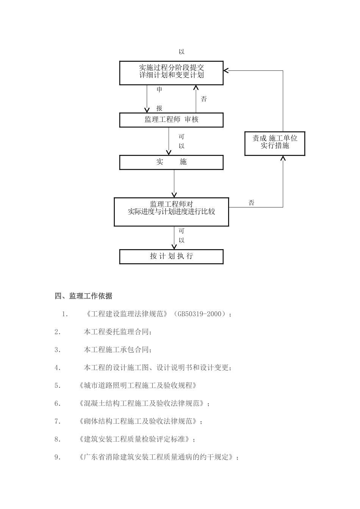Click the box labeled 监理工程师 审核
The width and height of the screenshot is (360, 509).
point(171,120)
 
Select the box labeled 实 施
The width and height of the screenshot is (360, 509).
point(171,162)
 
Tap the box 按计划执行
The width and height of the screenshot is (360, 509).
point(171,256)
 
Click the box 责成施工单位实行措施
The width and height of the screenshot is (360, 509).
point(275,144)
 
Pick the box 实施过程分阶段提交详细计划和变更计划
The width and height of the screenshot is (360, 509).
point(171,73)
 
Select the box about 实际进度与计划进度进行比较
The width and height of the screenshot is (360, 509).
point(171,212)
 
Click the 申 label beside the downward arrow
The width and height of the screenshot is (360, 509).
point(159,89)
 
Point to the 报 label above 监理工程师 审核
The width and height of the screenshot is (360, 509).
point(159,108)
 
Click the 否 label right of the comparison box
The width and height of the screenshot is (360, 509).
point(251,203)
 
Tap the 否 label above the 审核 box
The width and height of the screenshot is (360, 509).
point(204,99)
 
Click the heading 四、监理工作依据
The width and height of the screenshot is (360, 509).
point(83,296)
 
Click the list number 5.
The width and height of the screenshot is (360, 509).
point(57,386)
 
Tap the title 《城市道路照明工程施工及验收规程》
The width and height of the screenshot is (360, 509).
point(138,386)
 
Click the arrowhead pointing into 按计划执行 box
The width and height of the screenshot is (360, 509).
point(174,247)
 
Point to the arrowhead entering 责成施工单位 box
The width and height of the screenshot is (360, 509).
point(283,158)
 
